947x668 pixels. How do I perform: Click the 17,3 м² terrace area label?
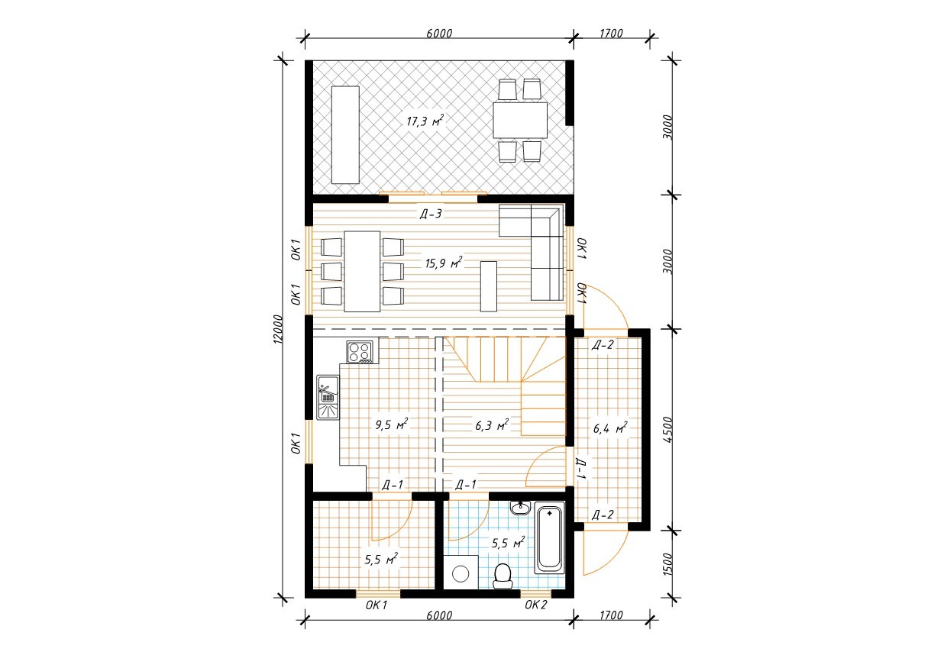point(425,121)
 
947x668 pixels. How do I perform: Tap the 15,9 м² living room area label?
point(444,263)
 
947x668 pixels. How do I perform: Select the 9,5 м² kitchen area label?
point(392,424)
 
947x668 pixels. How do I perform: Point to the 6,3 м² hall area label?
point(492,425)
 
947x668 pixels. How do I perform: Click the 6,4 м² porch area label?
point(610,428)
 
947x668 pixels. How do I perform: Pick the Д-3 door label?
point(431,214)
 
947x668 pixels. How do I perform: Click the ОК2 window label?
point(535,605)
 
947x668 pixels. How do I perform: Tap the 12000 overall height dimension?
point(277,329)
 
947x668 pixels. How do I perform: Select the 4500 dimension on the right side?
point(667,429)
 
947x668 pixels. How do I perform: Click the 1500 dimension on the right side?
point(667,564)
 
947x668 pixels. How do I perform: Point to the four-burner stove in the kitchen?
point(360,352)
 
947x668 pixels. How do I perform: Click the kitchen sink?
point(328,398)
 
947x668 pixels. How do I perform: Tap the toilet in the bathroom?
point(503,576)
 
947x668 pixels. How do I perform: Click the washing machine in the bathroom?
point(461,573)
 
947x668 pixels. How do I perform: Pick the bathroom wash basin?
point(520,508)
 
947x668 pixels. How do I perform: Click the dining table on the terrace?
point(520,120)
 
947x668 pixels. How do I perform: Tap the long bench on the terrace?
point(345,135)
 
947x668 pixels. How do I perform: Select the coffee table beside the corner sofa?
point(489,286)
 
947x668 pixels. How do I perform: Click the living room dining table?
point(362,271)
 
